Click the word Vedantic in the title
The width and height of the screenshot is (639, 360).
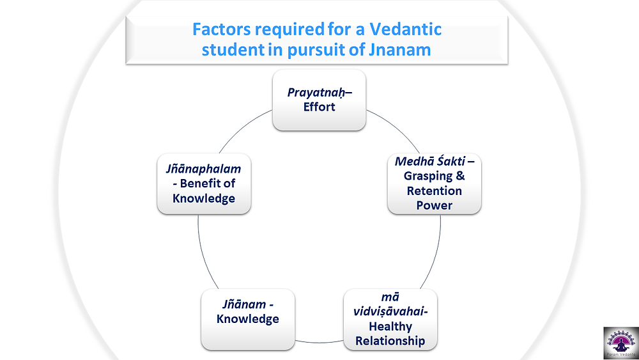[x=406, y=29]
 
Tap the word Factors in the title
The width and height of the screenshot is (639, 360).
[x=222, y=29]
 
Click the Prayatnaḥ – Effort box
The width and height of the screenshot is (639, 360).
[x=319, y=100]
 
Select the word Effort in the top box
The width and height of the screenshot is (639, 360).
[x=319, y=107]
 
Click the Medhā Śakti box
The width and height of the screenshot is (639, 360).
[x=435, y=184]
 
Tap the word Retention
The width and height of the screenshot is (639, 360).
[x=435, y=191]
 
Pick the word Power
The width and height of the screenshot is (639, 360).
[x=435, y=205]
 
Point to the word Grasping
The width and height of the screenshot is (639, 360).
[x=428, y=176]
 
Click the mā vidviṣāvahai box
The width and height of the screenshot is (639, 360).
[x=390, y=319]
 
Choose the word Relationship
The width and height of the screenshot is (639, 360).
[x=390, y=341]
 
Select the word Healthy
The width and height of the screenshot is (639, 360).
[x=390, y=327]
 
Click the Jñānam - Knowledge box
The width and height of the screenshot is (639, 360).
[x=248, y=319]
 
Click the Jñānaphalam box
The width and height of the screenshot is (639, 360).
[x=204, y=184]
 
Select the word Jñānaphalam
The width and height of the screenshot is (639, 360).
[x=203, y=169]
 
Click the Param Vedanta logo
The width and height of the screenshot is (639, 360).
[x=621, y=343]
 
